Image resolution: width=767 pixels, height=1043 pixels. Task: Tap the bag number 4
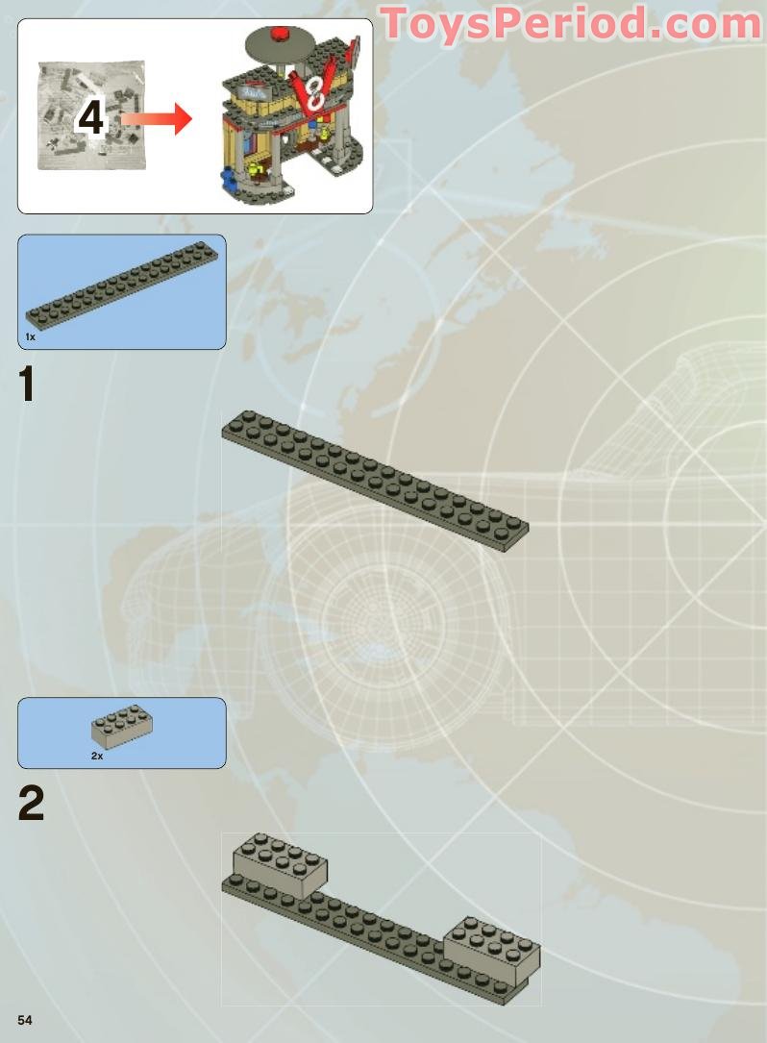[90, 118]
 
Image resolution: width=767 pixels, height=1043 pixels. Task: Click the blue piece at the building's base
[228, 180]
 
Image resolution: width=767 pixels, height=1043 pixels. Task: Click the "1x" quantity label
[31, 337]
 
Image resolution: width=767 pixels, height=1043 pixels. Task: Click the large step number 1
[29, 385]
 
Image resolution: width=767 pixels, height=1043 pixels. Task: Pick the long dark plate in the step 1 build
[375, 480]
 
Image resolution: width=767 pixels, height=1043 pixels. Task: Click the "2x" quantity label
[97, 757]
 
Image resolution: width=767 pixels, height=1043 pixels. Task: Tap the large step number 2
[31, 805]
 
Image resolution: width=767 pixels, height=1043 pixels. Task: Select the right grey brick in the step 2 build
[491, 948]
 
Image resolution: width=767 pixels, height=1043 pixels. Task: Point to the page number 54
[25, 1019]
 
